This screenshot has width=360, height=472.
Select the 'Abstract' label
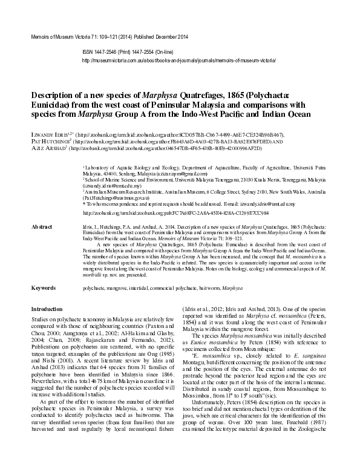(x=42, y=226)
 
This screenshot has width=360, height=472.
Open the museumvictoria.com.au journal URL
(x=178, y=61)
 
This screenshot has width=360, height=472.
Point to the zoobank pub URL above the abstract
(x=157, y=213)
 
